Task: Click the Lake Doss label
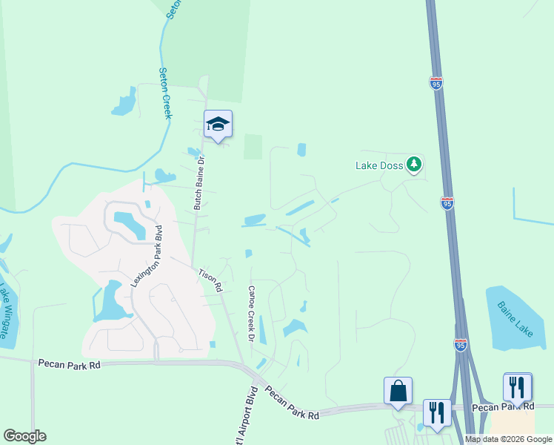tap(379, 165)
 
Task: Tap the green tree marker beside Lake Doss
tap(414, 165)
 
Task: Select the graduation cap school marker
tap(218, 125)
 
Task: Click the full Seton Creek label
tap(165, 93)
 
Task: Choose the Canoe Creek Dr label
tap(251, 314)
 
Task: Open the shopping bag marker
tap(398, 390)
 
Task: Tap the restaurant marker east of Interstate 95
tap(517, 386)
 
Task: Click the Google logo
tap(24, 436)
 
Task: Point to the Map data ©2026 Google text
tap(508, 439)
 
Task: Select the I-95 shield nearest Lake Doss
tap(447, 202)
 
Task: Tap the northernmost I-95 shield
tap(436, 82)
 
